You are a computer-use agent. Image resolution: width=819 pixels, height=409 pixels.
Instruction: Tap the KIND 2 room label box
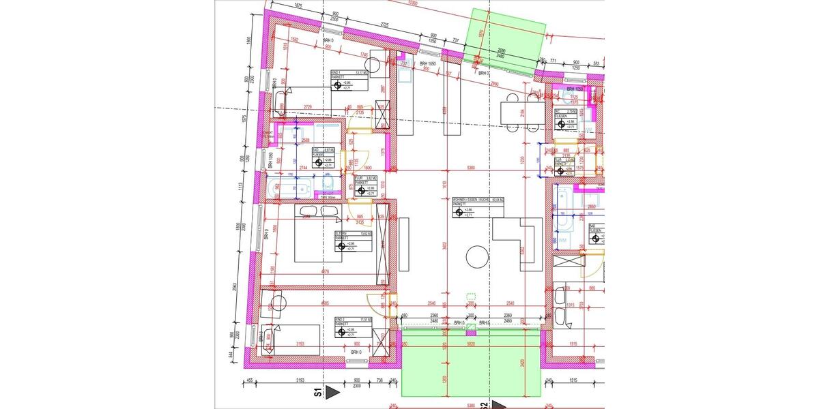point(349,327)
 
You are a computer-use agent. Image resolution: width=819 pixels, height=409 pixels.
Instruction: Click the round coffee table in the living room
point(476,257)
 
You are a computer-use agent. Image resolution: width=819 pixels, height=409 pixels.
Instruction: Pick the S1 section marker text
point(317,393)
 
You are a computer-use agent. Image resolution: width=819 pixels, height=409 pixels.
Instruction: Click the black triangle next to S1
point(332,393)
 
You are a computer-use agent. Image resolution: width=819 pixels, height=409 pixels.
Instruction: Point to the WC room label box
point(566,119)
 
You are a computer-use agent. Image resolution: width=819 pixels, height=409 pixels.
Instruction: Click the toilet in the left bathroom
point(327,186)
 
